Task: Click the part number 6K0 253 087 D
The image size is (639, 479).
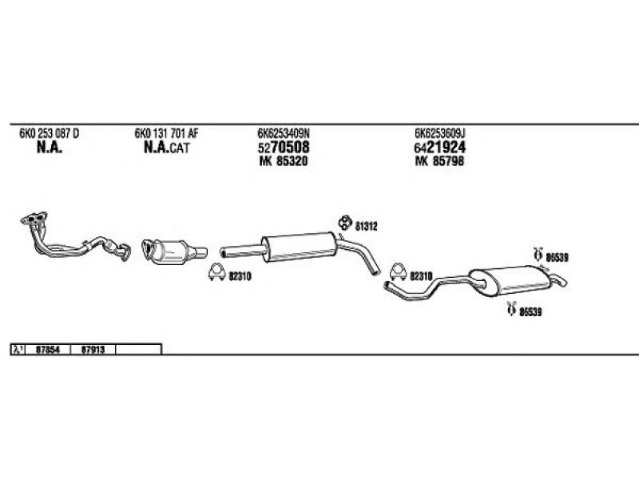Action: coord(50,133)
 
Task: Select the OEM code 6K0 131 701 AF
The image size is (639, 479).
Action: coord(166,133)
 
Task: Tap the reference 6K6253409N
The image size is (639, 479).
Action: coord(284,133)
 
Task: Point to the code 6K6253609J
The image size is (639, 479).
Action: coord(440,133)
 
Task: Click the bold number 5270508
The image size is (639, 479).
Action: coord(284,147)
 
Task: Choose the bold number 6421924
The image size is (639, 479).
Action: coord(440,147)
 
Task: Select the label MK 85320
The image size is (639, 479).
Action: coord(284,161)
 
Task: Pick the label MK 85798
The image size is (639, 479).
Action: coord(439,161)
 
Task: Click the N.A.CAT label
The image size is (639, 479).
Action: coord(167,148)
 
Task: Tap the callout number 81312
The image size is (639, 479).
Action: coord(367,227)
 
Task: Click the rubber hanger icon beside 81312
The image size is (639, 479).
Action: coord(345,222)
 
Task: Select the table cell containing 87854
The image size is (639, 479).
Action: coord(48,350)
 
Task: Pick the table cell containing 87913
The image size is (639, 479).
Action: coord(93,350)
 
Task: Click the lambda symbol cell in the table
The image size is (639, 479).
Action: coord(18,350)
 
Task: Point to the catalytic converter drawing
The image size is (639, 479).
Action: coord(174,252)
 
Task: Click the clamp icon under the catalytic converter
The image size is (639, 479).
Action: coord(216,272)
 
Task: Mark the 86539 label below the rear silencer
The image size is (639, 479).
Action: coord(530,312)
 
